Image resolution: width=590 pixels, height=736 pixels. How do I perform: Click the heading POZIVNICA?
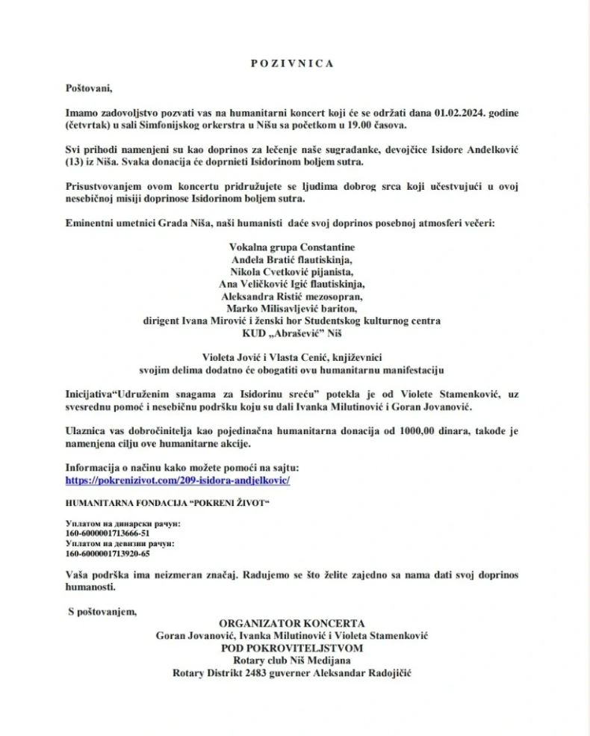(291, 64)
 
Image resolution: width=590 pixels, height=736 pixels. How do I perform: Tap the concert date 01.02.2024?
(458, 112)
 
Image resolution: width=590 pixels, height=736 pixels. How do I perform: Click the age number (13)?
(73, 162)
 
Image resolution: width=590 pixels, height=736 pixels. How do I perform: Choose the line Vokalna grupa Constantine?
(291, 247)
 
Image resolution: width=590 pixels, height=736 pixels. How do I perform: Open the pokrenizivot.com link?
(177, 480)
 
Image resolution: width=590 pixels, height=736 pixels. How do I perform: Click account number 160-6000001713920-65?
(108, 554)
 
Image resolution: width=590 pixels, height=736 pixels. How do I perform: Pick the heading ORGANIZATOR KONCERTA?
(291, 622)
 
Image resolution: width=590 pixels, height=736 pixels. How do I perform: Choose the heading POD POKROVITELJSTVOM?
(292, 647)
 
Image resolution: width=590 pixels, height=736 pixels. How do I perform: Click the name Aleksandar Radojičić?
(369, 672)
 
